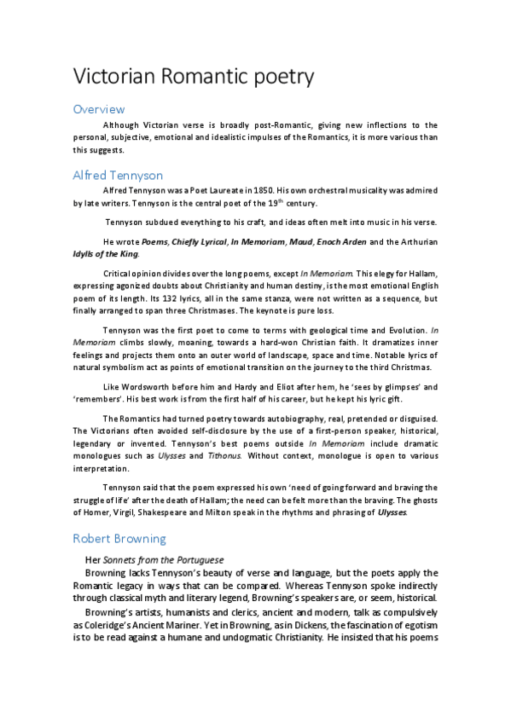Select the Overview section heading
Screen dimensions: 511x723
click(99, 109)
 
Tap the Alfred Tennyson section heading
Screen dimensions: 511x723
click(118, 176)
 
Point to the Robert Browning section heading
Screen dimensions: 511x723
click(119, 539)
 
